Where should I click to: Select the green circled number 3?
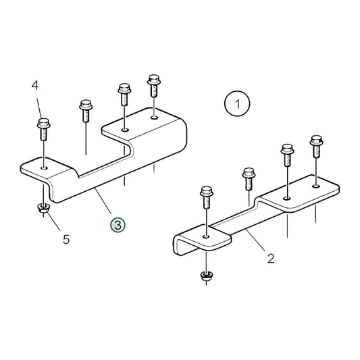coord(118,225)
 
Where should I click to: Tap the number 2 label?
coord(270,257)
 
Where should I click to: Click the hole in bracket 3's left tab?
coord(44,166)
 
